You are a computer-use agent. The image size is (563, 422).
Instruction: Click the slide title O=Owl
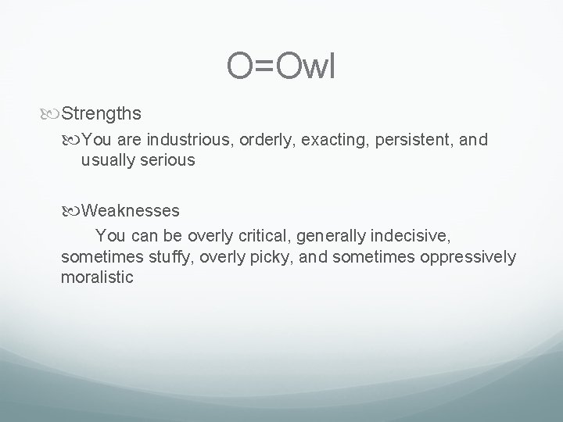pyautogui.click(x=281, y=67)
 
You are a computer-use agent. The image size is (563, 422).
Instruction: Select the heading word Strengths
pyautogui.click(x=101, y=114)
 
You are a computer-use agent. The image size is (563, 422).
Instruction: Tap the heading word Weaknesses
pyautogui.click(x=131, y=210)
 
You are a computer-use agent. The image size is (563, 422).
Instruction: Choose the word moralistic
pyautogui.click(x=97, y=277)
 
